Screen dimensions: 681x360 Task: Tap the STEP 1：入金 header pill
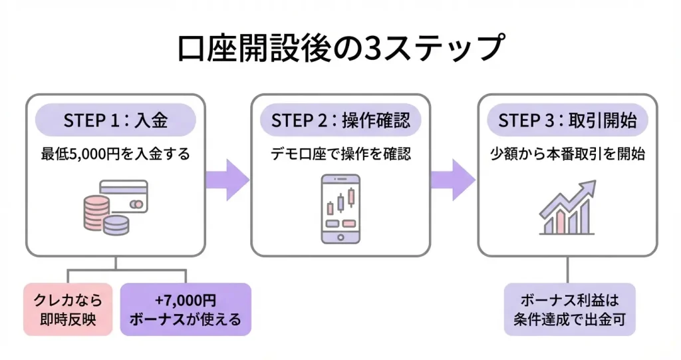click(116, 120)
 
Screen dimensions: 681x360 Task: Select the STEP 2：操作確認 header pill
click(340, 120)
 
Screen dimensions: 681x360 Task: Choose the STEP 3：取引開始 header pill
click(567, 120)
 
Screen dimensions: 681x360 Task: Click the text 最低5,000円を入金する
click(116, 154)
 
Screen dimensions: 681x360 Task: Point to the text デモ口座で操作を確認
click(340, 154)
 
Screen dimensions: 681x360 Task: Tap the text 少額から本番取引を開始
click(567, 154)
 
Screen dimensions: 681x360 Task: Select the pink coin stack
click(96, 213)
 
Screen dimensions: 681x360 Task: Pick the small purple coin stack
click(116, 225)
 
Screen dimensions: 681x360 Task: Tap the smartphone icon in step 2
click(340, 209)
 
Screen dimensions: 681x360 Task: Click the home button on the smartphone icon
click(340, 238)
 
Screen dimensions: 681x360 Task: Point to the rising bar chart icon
click(567, 208)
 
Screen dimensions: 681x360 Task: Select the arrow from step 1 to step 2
click(227, 180)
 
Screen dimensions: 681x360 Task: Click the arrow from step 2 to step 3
click(453, 180)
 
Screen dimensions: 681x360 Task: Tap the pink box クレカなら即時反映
click(68, 309)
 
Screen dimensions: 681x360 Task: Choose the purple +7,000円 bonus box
click(186, 309)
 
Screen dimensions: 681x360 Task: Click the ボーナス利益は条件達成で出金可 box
click(569, 309)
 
